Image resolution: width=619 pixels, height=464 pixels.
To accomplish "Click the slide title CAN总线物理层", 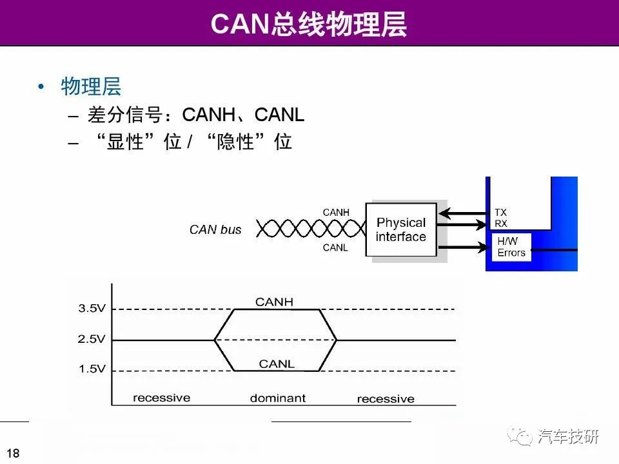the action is [309, 24].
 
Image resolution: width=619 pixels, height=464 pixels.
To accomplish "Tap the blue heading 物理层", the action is [91, 86].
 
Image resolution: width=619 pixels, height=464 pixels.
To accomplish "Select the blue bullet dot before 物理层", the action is [41, 86].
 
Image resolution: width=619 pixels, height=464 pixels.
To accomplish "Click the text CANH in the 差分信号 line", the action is [208, 115].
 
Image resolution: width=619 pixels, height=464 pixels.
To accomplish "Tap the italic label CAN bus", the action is [215, 229].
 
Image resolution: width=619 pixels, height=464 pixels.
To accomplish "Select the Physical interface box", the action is [401, 229].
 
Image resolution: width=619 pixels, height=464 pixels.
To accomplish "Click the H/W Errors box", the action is [511, 247].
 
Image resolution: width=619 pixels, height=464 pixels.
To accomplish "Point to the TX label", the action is [500, 212].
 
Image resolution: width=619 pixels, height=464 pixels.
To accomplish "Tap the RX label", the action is [501, 224].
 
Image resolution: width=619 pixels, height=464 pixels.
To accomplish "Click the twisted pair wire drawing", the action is [311, 228].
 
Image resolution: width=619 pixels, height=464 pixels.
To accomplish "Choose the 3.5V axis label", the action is [92, 308].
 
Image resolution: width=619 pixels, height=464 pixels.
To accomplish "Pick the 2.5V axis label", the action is [92, 339].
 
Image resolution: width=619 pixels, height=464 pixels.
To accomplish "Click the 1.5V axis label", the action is [92, 369].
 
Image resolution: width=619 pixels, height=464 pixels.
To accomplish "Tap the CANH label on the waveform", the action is [275, 302].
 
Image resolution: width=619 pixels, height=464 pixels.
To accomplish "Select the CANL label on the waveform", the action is [277, 363].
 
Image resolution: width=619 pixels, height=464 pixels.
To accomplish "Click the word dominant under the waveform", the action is [278, 398].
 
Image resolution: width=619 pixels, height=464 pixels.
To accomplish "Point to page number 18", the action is [13, 453].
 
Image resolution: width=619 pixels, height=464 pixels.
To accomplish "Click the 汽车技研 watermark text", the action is [568, 437].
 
